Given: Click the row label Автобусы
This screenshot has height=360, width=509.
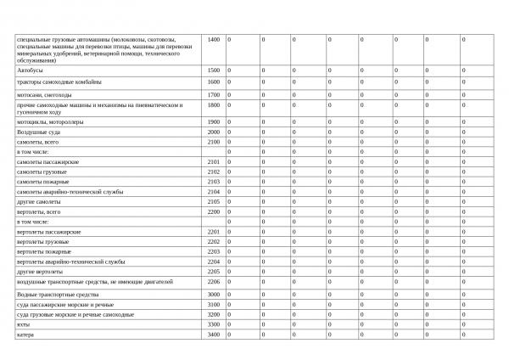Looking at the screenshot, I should pos(30,70).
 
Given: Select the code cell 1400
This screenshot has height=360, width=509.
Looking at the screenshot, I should pos(214,40).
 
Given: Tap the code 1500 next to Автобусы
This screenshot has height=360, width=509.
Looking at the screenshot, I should pos(214,70).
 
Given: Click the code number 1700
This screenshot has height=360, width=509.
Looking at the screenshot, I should pos(214,95).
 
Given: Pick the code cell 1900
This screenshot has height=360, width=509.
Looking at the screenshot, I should pos(214,121).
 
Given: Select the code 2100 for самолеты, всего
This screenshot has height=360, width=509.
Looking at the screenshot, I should pos(214,142).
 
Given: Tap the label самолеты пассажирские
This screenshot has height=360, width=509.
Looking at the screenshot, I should pos(48,161).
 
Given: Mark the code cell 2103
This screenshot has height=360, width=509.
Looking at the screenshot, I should pos(214,181).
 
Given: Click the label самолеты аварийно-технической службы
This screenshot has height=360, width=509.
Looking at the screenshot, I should pos(70,191).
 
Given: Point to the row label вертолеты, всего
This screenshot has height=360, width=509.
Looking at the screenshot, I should pos(39,211).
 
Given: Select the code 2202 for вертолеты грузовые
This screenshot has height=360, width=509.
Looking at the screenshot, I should pos(214,241).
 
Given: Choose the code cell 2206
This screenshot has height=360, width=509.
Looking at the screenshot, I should pos(214,281).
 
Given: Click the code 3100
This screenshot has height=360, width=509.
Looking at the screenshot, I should pos(214,304).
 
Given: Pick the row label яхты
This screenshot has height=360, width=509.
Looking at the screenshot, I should pos(23,324).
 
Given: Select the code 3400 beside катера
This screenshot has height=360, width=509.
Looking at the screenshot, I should pos(214,335).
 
